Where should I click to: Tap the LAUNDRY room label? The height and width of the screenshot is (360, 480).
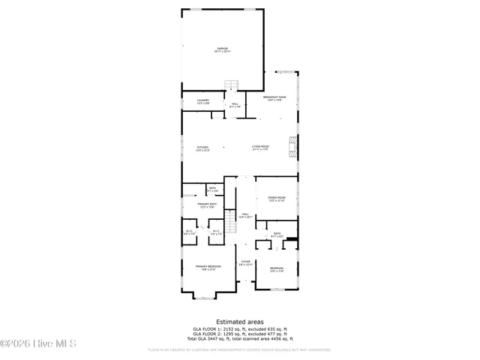[203, 101]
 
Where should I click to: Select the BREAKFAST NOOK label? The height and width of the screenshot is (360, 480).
[275, 98]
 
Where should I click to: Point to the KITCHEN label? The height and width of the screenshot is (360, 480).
[202, 148]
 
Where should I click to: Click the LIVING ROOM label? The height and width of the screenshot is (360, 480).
[260, 148]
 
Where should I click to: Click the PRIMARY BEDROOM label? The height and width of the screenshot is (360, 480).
[208, 268]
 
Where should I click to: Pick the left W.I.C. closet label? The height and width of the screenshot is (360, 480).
[189, 232]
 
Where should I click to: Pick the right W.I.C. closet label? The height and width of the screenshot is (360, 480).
[216, 232]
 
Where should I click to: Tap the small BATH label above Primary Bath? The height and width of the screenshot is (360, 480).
[212, 189]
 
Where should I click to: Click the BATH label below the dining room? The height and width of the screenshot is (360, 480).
[277, 235]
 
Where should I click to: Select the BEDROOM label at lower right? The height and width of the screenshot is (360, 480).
[277, 269]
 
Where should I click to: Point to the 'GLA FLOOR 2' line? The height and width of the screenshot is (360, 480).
[239, 334]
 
